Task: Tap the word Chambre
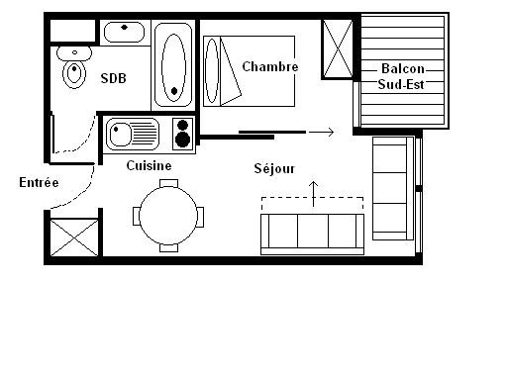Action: [x=270, y=66]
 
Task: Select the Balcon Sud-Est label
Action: [x=404, y=76]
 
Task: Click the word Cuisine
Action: [x=149, y=165]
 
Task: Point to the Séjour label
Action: [x=274, y=168]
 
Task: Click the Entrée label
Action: [x=39, y=182]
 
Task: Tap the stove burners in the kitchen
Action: [x=182, y=133]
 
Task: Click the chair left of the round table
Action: [x=136, y=215]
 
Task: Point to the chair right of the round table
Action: [x=202, y=215]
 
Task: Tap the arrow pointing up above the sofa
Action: [x=315, y=193]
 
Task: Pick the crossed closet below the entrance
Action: [x=71, y=237]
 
